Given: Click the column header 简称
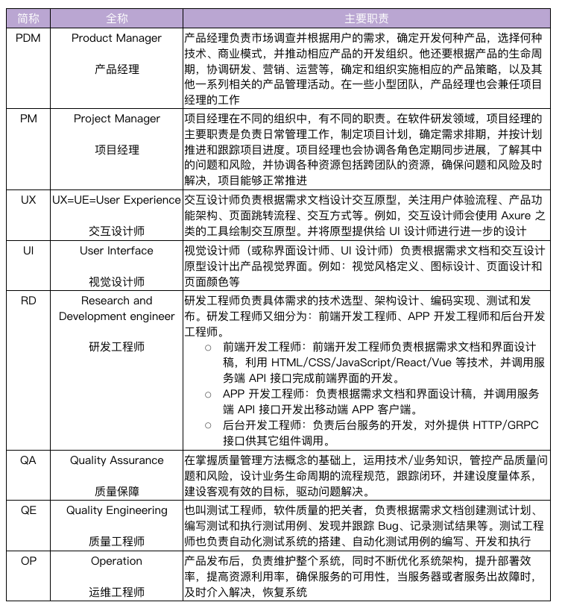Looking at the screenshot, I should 28,17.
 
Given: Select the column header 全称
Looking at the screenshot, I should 117,17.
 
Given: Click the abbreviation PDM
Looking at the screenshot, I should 28,38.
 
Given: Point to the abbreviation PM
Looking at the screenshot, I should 28,119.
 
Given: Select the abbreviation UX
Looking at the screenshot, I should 28,200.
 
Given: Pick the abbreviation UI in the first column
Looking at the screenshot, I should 28,251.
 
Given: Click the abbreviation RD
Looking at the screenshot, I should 28,301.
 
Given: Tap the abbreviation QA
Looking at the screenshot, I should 28,460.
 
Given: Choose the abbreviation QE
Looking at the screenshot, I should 28,510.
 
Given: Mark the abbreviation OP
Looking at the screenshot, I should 28,561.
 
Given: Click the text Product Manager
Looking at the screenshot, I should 117,38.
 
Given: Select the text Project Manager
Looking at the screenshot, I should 117,119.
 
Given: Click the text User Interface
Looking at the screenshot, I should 117,251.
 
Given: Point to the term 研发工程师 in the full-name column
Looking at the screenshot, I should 117,347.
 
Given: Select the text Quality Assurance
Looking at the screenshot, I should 117,460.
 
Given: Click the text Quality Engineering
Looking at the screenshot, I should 117,510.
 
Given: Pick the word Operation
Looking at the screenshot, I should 117,561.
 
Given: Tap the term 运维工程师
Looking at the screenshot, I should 117,592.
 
